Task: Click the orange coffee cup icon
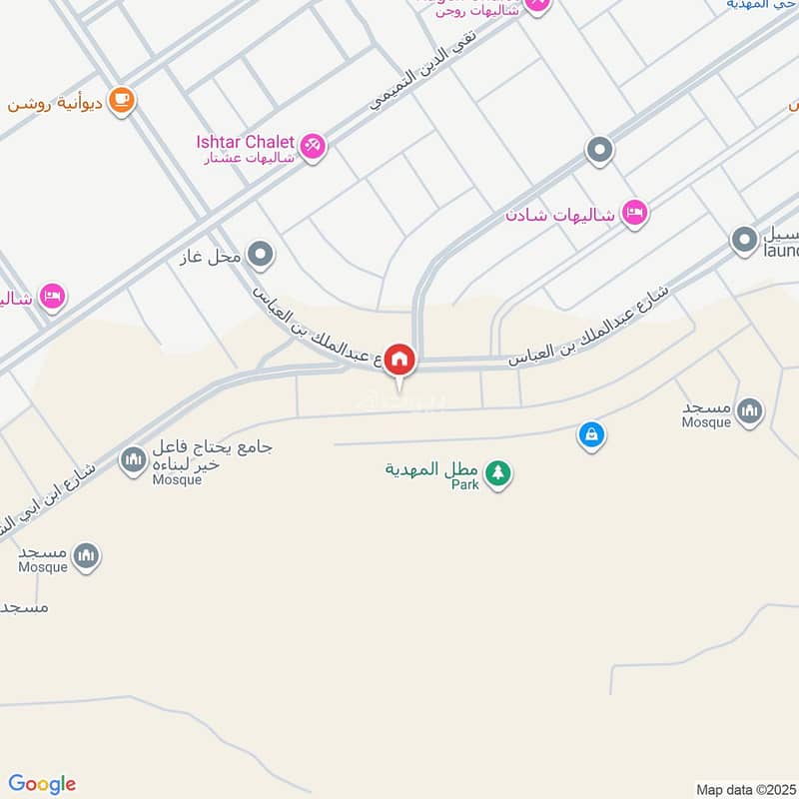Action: point(122,100)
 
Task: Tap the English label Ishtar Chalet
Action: point(245,141)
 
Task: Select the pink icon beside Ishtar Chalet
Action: point(313,146)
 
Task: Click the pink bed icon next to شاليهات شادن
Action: point(634,213)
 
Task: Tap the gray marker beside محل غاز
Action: point(261,255)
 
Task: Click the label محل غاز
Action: point(213,257)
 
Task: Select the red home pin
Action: point(399,360)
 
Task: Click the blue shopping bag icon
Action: point(591,434)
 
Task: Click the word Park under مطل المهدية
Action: point(464,484)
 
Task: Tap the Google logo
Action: point(42,784)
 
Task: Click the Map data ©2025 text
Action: point(745,789)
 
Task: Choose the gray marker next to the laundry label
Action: point(744,240)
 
